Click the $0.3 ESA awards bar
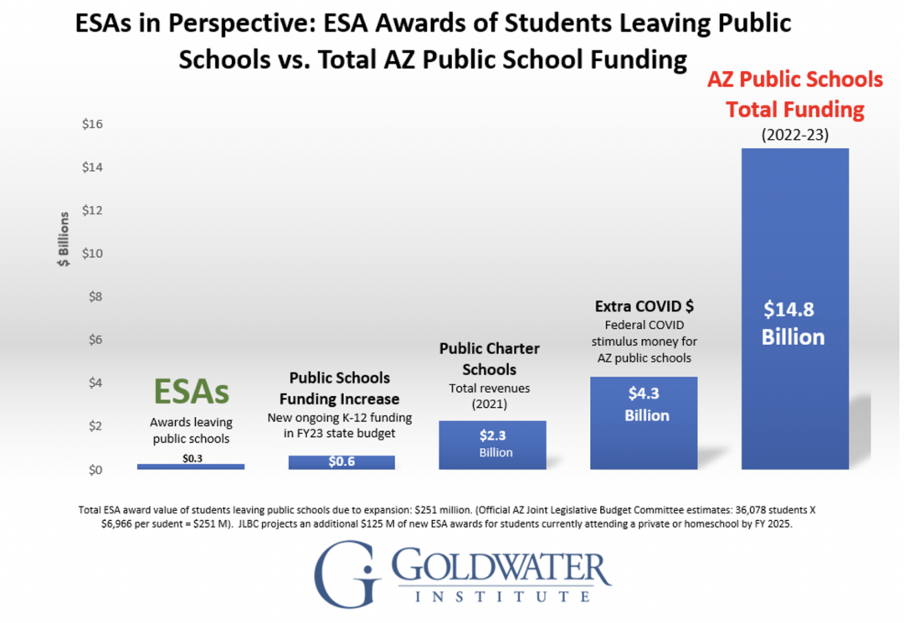191,466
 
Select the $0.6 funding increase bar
342,462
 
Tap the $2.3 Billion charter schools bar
492,445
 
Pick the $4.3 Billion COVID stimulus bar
643,423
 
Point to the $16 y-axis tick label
92,124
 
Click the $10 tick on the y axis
92,254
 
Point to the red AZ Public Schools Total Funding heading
794,94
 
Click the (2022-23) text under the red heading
794,134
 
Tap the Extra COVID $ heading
644,305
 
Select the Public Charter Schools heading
490,358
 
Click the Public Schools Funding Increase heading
339,389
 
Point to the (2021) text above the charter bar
490,404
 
